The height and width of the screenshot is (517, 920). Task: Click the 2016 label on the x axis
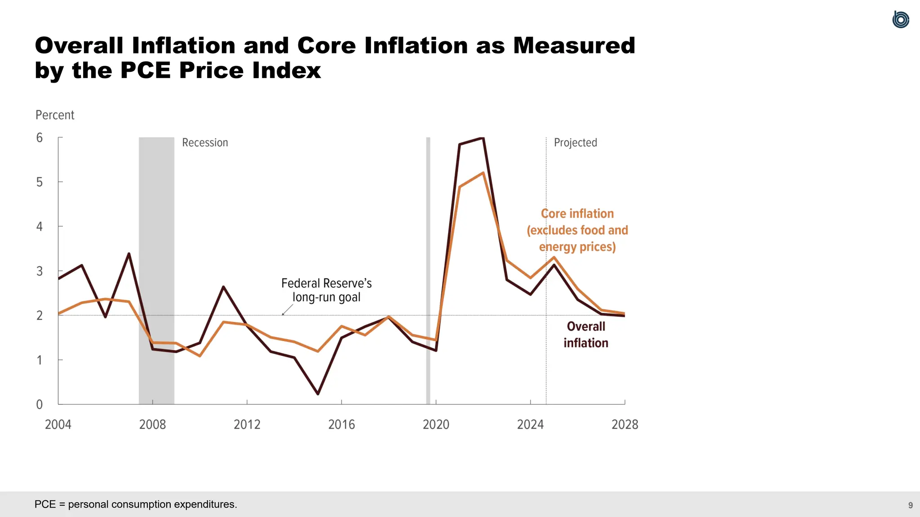(x=341, y=424)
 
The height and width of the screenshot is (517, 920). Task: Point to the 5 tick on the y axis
(x=40, y=182)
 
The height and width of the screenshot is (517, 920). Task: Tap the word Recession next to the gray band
(x=205, y=143)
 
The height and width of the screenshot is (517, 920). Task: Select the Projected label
(x=575, y=143)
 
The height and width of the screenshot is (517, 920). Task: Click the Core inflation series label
(x=577, y=230)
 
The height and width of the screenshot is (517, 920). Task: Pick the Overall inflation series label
(x=586, y=334)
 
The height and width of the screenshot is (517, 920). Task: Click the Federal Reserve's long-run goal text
(x=327, y=290)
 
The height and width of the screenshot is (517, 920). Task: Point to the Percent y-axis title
(x=55, y=115)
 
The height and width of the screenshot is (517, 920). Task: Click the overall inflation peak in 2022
(x=482, y=138)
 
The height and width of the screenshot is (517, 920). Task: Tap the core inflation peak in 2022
(x=483, y=173)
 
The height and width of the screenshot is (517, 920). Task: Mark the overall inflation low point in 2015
(x=318, y=394)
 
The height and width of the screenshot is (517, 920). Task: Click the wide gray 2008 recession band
(x=156, y=269)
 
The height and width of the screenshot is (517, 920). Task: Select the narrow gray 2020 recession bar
(x=428, y=269)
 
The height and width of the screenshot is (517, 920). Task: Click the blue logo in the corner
(x=901, y=19)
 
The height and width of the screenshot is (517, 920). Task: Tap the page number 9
(x=910, y=505)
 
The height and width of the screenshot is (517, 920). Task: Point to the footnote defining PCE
(x=136, y=504)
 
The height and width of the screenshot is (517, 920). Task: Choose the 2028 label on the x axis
(x=624, y=424)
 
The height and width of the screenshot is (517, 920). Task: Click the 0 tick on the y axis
(x=40, y=404)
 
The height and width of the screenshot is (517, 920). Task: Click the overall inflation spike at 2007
(x=129, y=254)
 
